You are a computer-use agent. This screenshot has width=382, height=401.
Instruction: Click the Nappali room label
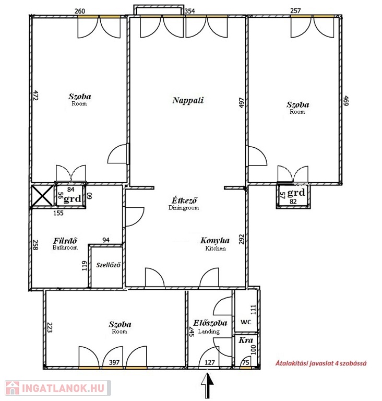pyautogui.click(x=188, y=100)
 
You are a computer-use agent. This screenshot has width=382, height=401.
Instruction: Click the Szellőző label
pyautogui.click(x=108, y=265)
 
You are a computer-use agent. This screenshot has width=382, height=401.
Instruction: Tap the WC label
pyautogui.click(x=246, y=322)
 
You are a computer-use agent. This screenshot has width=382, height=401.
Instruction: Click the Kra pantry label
pyautogui.click(x=246, y=340)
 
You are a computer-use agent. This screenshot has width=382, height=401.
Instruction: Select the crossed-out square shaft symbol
pyautogui.click(x=42, y=196)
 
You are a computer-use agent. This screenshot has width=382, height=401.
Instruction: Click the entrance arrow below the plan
pyautogui.click(x=207, y=385)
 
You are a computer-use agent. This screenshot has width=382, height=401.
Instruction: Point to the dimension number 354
pyautogui.click(x=190, y=11)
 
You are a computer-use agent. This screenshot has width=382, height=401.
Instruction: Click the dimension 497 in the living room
pyautogui.click(x=242, y=102)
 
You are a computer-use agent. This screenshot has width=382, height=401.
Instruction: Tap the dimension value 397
pyautogui.click(x=114, y=362)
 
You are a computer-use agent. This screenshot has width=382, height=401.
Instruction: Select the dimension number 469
pyautogui.click(x=346, y=101)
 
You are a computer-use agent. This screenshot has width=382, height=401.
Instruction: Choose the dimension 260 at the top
pyautogui.click(x=80, y=11)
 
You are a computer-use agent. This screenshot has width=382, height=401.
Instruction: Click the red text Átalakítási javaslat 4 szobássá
pyautogui.click(x=321, y=363)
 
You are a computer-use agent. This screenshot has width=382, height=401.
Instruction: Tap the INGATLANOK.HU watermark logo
pyautogui.click(x=58, y=388)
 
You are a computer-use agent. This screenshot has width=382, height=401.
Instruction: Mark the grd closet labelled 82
pyautogui.click(x=293, y=196)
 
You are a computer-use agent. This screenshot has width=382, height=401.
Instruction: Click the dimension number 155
pyautogui.click(x=58, y=213)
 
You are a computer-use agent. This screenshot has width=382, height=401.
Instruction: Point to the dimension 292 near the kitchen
pyautogui.click(x=242, y=239)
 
